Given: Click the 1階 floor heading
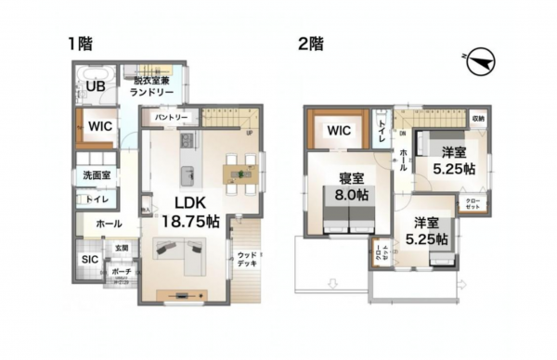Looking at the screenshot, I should [78, 43].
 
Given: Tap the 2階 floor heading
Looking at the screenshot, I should [309, 43].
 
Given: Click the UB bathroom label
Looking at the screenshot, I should [95, 87].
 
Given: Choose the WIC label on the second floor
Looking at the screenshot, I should [338, 131].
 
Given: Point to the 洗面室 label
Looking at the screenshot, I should [94, 174].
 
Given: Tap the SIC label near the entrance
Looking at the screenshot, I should [90, 260].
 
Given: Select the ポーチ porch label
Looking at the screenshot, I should [122, 271].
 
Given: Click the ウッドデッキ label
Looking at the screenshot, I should [247, 259].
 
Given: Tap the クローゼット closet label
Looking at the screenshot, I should [473, 204].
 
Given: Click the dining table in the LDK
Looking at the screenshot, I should [239, 173].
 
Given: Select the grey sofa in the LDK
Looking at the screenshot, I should [180, 254].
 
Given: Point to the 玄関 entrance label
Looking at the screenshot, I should [122, 248].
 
